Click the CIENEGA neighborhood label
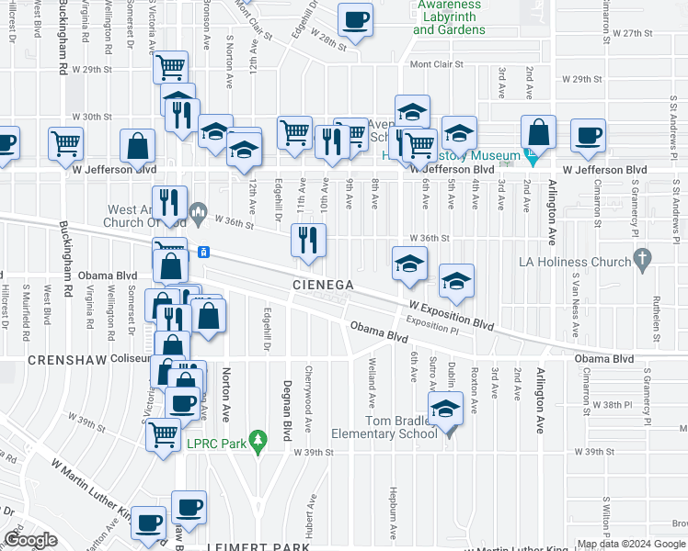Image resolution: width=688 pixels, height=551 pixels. click(324, 285)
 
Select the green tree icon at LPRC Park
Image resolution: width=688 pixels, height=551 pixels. click(259, 440)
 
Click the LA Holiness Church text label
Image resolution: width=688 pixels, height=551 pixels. click(585, 262)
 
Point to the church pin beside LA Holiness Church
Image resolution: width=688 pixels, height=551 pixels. click(643, 261)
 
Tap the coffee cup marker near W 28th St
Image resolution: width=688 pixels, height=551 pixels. click(355, 20)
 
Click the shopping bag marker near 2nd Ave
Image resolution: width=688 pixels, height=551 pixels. click(538, 132)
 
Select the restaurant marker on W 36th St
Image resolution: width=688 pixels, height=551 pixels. click(308, 241)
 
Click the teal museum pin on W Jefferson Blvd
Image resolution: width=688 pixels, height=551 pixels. click(531, 157)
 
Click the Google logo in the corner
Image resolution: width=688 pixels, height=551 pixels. click(30, 540)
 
